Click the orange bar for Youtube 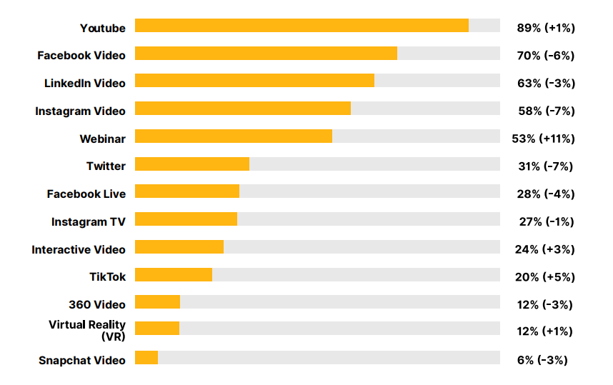[301, 26]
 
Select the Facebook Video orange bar [266, 54]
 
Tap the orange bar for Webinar [234, 136]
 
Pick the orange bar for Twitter [192, 164]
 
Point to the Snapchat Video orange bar [146, 358]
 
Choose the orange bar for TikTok [174, 275]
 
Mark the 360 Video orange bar [157, 302]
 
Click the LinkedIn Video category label [85, 83]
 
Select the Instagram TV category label [89, 221]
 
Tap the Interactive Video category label [79, 249]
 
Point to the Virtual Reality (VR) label [87, 330]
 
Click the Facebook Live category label [86, 194]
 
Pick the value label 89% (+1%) [546, 28]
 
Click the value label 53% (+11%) [546, 138]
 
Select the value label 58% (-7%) [546, 111]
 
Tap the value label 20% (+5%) [546, 276]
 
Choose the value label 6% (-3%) [542, 359]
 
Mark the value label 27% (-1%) [546, 221]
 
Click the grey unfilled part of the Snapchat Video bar [329, 358]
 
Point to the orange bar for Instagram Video [243, 109]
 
